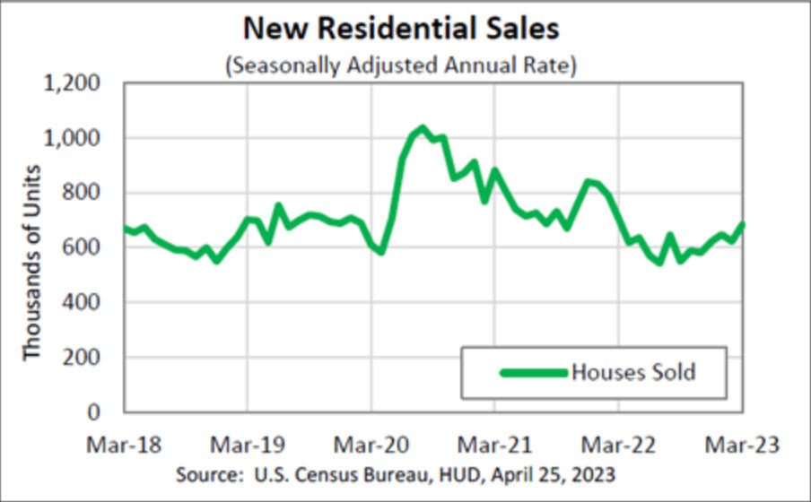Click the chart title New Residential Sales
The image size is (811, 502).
401,29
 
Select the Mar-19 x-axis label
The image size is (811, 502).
248,444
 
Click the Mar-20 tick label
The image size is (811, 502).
371,444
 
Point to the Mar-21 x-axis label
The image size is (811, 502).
495,444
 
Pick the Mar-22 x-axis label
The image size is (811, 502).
619,444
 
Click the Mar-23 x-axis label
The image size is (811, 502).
742,444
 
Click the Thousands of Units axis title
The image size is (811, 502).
33,263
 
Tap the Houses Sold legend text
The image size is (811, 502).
633,372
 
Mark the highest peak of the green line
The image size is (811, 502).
423,128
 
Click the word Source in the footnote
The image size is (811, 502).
205,472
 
